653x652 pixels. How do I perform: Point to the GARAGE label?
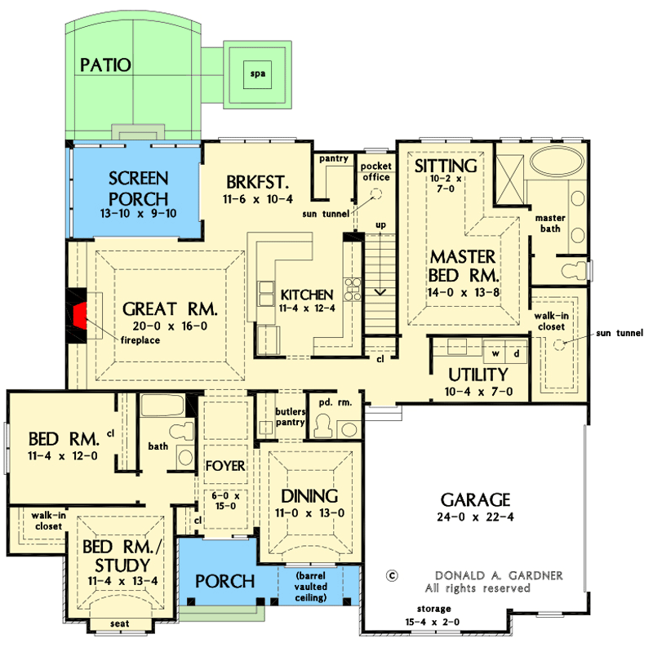point(474,499)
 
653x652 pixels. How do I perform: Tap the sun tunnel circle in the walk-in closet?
point(560,345)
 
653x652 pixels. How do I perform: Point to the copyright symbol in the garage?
point(393,574)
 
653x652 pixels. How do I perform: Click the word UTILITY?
point(478,375)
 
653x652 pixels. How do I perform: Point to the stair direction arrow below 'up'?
point(379,290)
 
